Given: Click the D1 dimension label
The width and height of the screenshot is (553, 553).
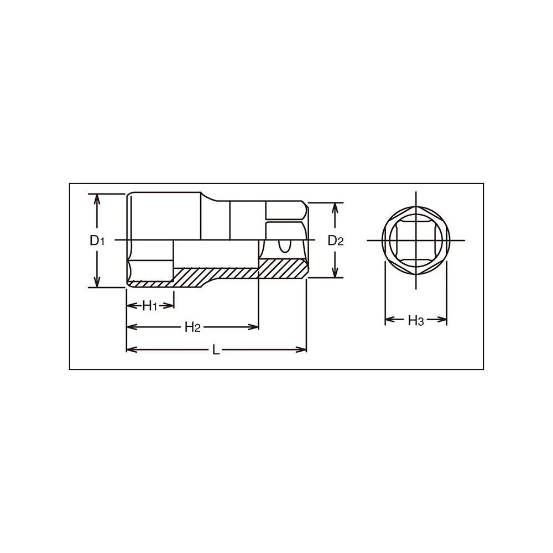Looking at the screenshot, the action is [97, 241].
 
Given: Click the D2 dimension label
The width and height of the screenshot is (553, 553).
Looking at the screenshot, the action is [336, 241].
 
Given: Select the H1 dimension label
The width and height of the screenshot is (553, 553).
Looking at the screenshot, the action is [149, 306].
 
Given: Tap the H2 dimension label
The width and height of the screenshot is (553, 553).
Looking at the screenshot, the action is [192, 327].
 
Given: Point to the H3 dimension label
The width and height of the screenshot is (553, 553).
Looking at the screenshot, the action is [415, 320].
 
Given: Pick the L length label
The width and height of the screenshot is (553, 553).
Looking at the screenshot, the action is [216, 350].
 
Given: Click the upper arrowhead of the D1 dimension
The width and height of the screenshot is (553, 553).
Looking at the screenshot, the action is [97, 199].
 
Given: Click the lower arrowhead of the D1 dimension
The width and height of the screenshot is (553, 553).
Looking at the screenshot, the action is [97, 281].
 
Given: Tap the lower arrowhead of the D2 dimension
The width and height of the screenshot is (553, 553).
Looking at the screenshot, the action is [335, 272].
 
